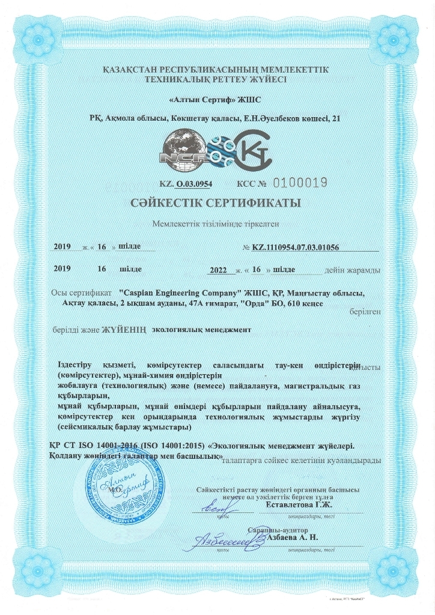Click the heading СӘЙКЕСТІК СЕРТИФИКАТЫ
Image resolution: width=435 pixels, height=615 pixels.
[218, 203]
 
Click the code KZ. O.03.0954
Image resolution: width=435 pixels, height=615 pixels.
[186, 183]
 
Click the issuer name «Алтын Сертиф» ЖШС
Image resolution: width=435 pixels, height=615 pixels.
[217, 98]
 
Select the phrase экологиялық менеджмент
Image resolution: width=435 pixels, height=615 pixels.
[201, 330]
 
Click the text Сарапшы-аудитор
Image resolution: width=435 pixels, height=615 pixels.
[278, 530]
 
